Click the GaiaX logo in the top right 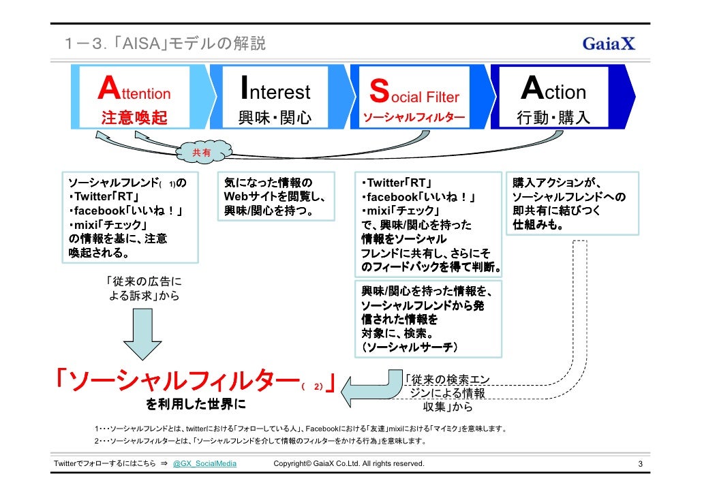pyautogui.click(x=608, y=44)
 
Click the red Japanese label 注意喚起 pyautogui.click(x=134, y=118)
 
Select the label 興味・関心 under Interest pyautogui.click(x=275, y=118)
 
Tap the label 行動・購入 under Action pyautogui.click(x=553, y=118)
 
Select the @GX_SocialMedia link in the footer pyautogui.click(x=203, y=464)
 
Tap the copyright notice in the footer pyautogui.click(x=348, y=464)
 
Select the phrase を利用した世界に pyautogui.click(x=196, y=405)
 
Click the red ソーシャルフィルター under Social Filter pyautogui.click(x=414, y=119)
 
